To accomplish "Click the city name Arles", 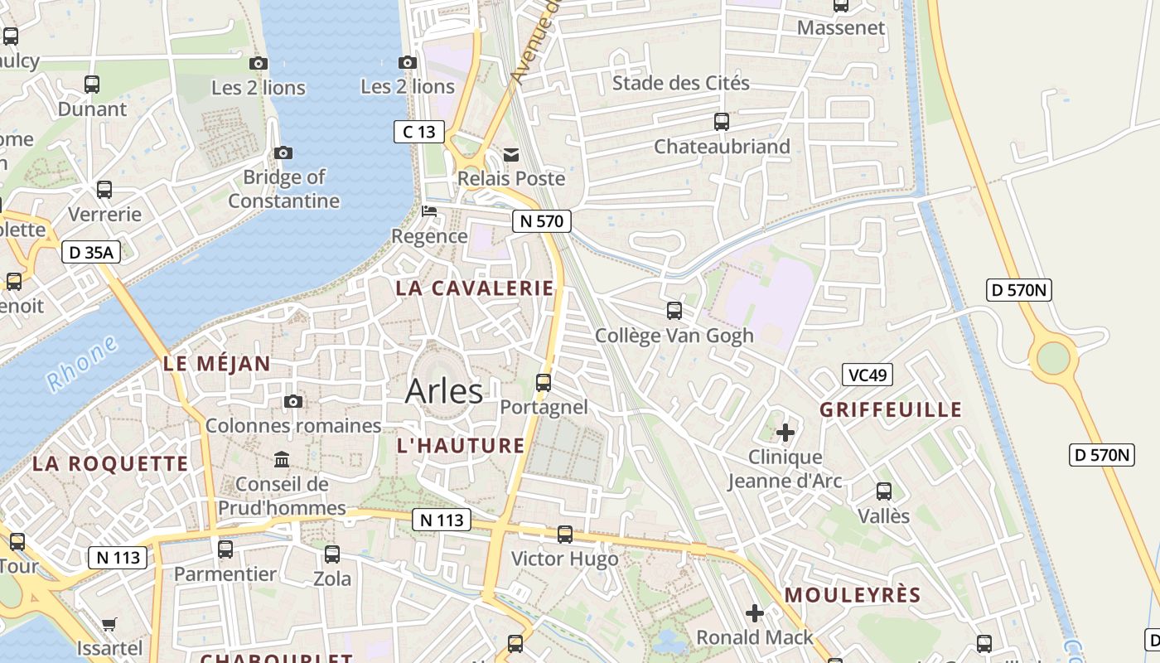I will (444, 391).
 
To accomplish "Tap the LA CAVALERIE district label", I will (475, 288).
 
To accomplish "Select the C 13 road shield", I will (418, 132).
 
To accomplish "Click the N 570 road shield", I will (542, 221).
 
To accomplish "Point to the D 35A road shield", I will (91, 252).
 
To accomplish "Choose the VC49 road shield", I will (868, 375).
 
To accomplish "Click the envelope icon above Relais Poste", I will (511, 155).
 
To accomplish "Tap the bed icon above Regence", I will (429, 211).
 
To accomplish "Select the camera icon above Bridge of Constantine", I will (283, 152).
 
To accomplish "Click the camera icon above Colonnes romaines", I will (293, 402).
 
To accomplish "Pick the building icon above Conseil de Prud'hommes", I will (282, 460).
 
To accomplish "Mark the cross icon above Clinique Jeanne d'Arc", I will (785, 433).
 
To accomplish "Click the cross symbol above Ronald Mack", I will (754, 613).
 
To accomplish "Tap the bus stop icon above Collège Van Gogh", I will (674, 311).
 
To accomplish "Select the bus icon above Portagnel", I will (544, 383).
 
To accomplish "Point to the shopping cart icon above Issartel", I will (109, 624).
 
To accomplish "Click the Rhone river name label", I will (82, 365).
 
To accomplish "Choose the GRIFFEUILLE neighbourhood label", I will (891, 409).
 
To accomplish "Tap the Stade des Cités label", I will (680, 83).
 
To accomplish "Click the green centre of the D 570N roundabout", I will (1053, 358).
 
